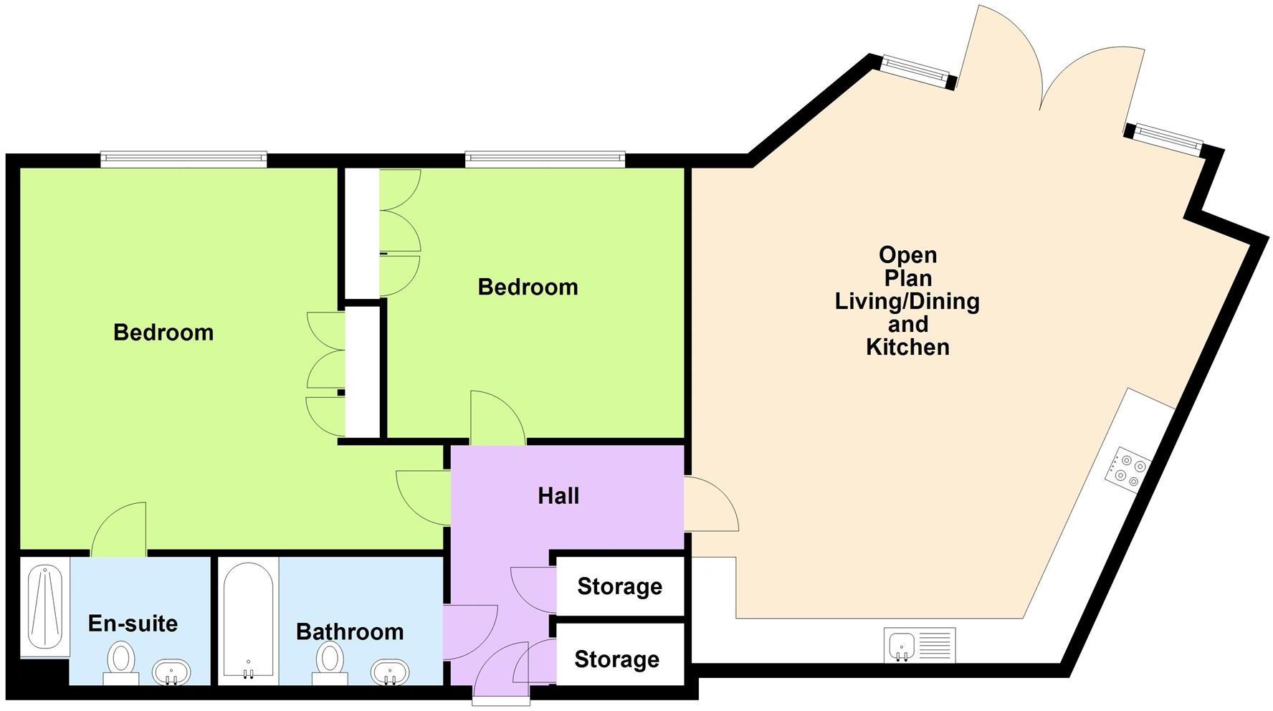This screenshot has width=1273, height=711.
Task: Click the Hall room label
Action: click(x=558, y=496)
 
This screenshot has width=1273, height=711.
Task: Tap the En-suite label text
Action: click(x=133, y=624)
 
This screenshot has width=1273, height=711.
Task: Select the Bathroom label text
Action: click(x=350, y=631)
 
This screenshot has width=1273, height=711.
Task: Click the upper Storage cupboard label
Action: click(x=619, y=586)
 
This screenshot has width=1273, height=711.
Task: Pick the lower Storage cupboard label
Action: click(x=616, y=659)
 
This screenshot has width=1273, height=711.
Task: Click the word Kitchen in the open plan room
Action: click(x=907, y=347)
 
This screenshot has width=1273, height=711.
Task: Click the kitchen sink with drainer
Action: click(x=920, y=645)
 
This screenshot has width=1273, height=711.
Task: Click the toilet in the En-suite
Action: click(x=121, y=662)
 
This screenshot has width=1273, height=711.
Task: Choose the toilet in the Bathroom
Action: click(x=330, y=662)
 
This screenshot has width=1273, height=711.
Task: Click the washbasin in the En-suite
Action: click(x=172, y=673)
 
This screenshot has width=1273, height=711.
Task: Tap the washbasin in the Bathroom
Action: click(x=390, y=673)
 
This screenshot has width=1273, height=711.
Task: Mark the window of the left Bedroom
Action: click(x=183, y=159)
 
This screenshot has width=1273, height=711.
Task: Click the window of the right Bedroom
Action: click(x=545, y=159)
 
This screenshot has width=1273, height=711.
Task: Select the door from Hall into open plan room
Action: click(x=710, y=504)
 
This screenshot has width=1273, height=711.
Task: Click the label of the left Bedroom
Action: click(x=163, y=333)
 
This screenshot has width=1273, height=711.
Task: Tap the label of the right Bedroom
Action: click(x=528, y=287)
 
